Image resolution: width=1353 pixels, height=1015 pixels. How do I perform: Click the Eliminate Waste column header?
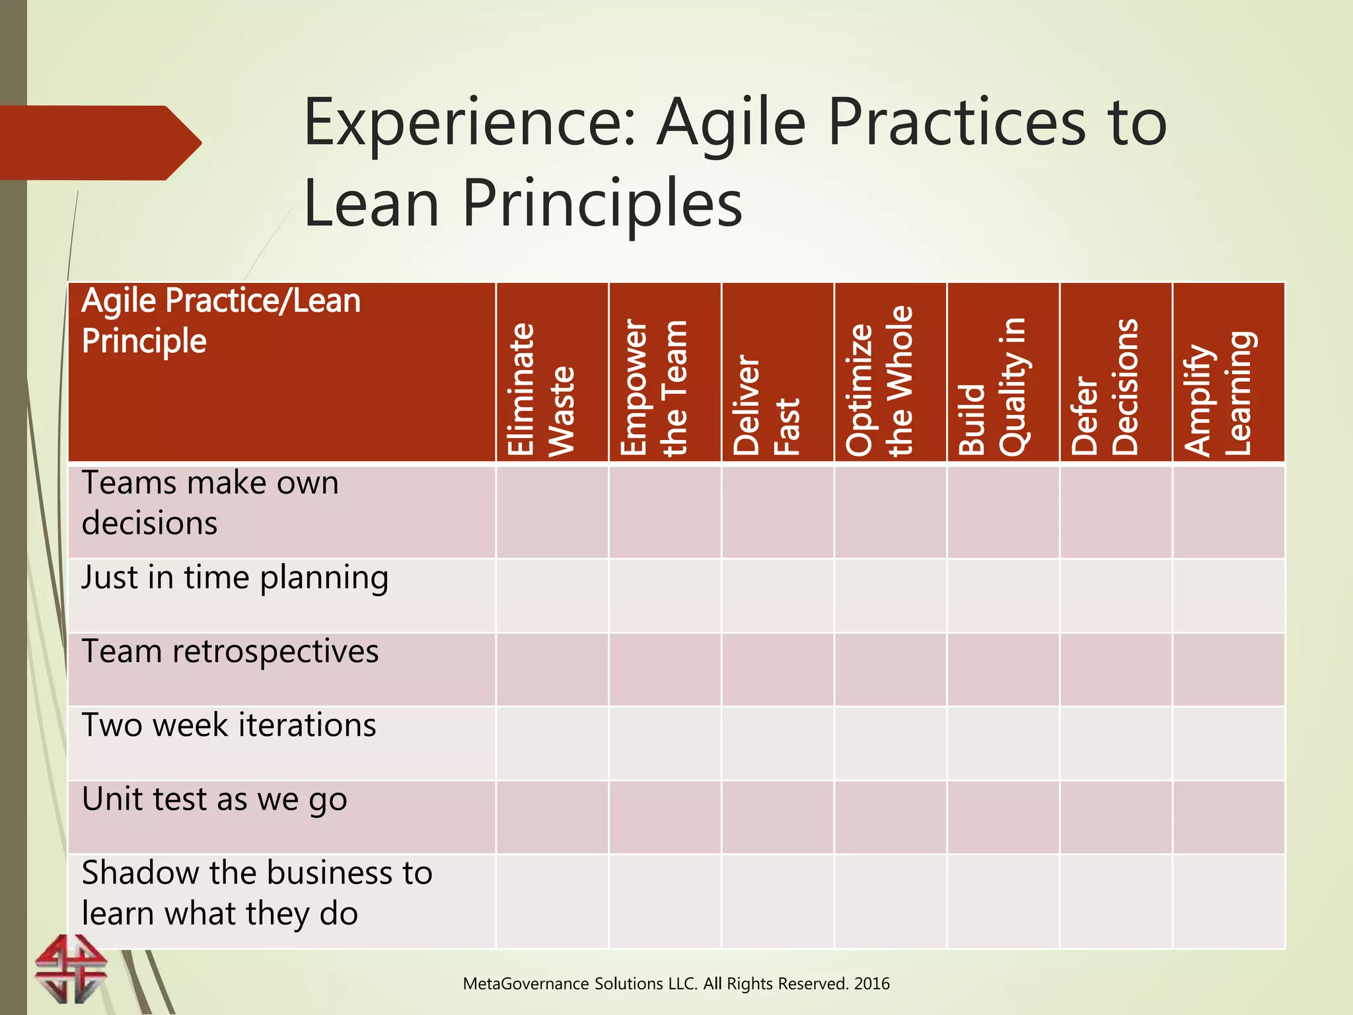[x=540, y=390]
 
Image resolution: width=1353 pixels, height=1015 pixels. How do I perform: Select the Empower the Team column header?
[x=654, y=389]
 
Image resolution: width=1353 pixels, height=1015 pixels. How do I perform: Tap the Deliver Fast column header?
[x=766, y=404]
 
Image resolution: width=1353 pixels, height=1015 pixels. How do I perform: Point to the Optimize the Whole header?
[x=879, y=382]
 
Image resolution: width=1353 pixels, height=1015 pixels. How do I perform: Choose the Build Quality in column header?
[x=992, y=387]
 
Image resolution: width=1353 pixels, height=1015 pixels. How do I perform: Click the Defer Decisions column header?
[x=1105, y=387]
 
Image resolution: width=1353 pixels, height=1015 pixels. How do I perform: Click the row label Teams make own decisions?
[x=210, y=503]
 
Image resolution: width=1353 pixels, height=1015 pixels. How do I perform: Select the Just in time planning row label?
[x=235, y=578]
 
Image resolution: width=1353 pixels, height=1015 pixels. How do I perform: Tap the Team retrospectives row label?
[x=230, y=652]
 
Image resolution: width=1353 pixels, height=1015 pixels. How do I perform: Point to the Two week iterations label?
[x=229, y=726]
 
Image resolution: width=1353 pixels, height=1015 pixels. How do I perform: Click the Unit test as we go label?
[x=214, y=800]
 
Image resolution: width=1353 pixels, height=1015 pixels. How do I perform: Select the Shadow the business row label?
[x=256, y=893]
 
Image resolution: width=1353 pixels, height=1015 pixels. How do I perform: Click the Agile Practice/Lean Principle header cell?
[x=221, y=321]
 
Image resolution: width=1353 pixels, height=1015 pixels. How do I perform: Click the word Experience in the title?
[x=470, y=123]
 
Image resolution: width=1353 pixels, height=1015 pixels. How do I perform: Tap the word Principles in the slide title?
[x=602, y=204]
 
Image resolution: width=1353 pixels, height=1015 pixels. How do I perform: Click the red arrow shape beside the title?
[x=99, y=143]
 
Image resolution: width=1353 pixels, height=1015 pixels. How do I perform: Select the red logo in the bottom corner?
[x=71, y=969]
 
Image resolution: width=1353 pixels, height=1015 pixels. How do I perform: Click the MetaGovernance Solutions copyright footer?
[x=676, y=984]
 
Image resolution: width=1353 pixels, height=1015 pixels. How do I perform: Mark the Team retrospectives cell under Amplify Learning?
[x=1228, y=669]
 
